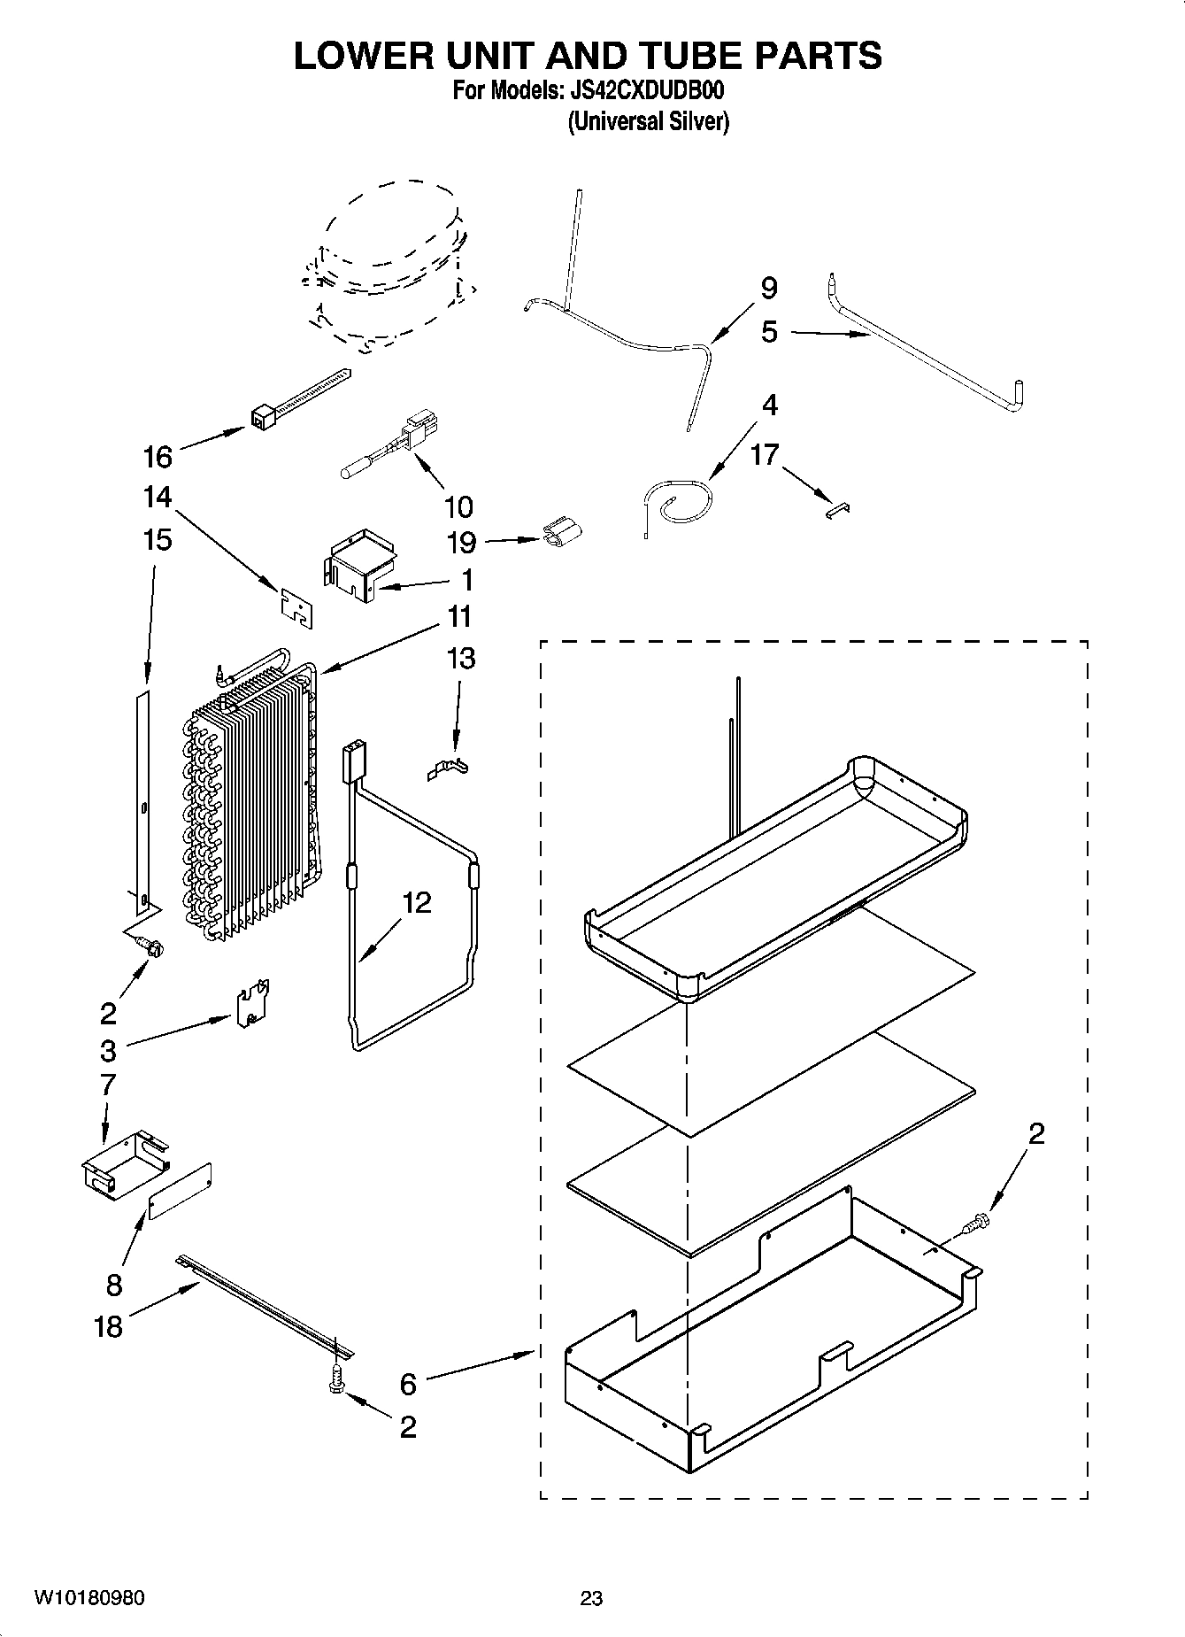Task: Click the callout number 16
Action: coord(158,457)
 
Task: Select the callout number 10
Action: coord(458,507)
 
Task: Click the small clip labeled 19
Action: coord(561,533)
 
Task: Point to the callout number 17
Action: coord(765,455)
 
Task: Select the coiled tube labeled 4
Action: coord(680,502)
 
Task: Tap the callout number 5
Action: coord(769,332)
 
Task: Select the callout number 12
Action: coord(416,903)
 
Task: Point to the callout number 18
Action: coord(108,1326)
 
